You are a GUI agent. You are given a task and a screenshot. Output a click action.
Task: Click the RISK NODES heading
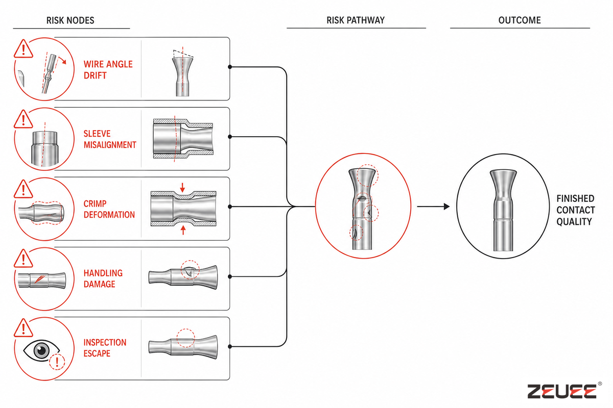coord(70,20)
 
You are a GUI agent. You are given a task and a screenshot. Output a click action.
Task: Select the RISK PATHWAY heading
coord(356,20)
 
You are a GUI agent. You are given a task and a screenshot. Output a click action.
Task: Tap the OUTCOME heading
coord(520,20)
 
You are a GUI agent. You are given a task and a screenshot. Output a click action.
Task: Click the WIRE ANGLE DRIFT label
coord(108,70)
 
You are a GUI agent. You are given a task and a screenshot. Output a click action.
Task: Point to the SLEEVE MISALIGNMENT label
coord(110,139)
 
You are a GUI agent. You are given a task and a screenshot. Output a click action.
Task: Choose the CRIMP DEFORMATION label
coord(109,209)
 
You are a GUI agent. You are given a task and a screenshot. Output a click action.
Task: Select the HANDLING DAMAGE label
coord(103,278)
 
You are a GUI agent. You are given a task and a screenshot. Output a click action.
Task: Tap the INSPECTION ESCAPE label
coord(105,348)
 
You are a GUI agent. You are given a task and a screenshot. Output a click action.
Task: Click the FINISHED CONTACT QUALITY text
coord(576,210)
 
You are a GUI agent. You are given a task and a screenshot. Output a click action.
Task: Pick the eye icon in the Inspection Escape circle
coord(41,350)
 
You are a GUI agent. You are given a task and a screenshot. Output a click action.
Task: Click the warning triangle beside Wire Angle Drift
coord(23,49)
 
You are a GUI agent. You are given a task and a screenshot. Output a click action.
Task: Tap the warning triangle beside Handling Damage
coord(23,259)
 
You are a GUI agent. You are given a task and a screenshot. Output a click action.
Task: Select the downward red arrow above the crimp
coord(182,188)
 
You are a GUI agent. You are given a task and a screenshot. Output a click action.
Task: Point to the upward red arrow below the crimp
coord(183,230)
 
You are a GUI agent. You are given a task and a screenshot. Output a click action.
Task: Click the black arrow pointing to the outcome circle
coord(433,207)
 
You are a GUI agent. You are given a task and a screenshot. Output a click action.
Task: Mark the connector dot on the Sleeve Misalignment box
coord(230,137)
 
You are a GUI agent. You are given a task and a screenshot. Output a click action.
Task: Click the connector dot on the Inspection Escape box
coord(230,346)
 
